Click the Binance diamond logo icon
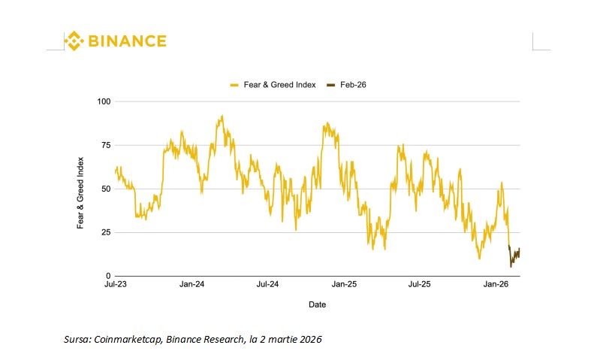coord(73,41)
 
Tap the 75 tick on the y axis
coord(105,144)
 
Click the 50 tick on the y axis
coord(105,189)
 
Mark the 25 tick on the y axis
coord(105,232)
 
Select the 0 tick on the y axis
coord(107,276)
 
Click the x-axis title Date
coord(317,305)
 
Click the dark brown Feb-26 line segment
coord(514,257)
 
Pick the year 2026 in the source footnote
coord(310,340)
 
